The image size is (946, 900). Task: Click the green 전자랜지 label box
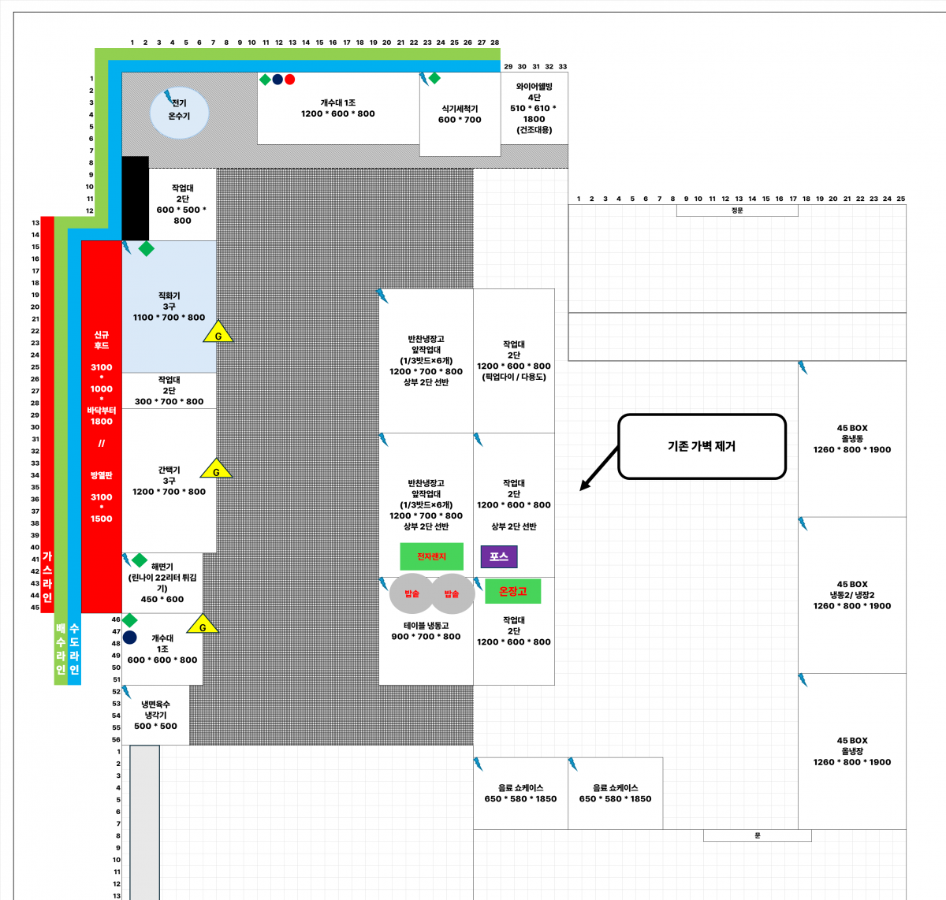point(431,556)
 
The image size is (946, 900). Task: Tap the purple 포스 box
point(499,556)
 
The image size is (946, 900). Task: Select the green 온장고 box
point(512,591)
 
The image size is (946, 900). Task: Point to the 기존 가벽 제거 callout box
point(702,446)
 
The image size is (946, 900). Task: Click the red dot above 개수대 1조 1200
point(289,80)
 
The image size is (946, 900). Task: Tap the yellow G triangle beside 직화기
point(218,333)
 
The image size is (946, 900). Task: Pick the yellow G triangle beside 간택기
point(216,470)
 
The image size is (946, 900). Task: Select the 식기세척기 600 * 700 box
point(460,114)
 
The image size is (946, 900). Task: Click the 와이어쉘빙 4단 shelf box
point(534,108)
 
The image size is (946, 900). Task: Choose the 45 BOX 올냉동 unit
point(852,439)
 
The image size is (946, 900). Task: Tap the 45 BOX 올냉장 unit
point(852,751)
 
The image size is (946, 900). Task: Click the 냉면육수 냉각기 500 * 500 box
point(155,715)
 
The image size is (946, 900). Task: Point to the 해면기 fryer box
point(162,583)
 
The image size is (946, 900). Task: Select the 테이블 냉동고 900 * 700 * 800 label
point(426,631)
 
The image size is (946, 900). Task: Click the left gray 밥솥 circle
point(412,593)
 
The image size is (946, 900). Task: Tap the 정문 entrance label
point(737,210)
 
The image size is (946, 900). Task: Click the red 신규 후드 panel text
point(101,340)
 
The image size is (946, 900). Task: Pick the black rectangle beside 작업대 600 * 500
point(135,198)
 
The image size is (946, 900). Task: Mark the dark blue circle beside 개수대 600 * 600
point(130,638)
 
